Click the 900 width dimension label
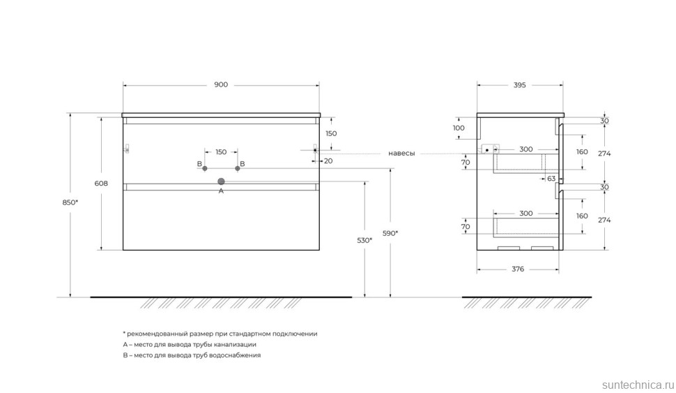(x=221, y=84)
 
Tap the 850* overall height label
(x=70, y=202)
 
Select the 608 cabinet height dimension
(x=101, y=183)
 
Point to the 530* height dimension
(x=364, y=240)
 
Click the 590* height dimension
(x=390, y=233)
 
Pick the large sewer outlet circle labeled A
(x=221, y=181)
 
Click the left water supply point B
(x=205, y=168)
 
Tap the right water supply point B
(x=238, y=168)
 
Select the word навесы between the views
(x=401, y=154)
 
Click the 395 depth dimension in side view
(x=519, y=85)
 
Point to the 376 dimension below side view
(x=518, y=269)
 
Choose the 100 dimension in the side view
(x=459, y=128)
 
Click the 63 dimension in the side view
(x=551, y=179)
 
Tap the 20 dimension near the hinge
(x=328, y=161)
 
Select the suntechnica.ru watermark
(x=638, y=385)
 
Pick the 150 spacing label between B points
(x=221, y=152)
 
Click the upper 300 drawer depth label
(x=526, y=149)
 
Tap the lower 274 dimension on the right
(x=604, y=220)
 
